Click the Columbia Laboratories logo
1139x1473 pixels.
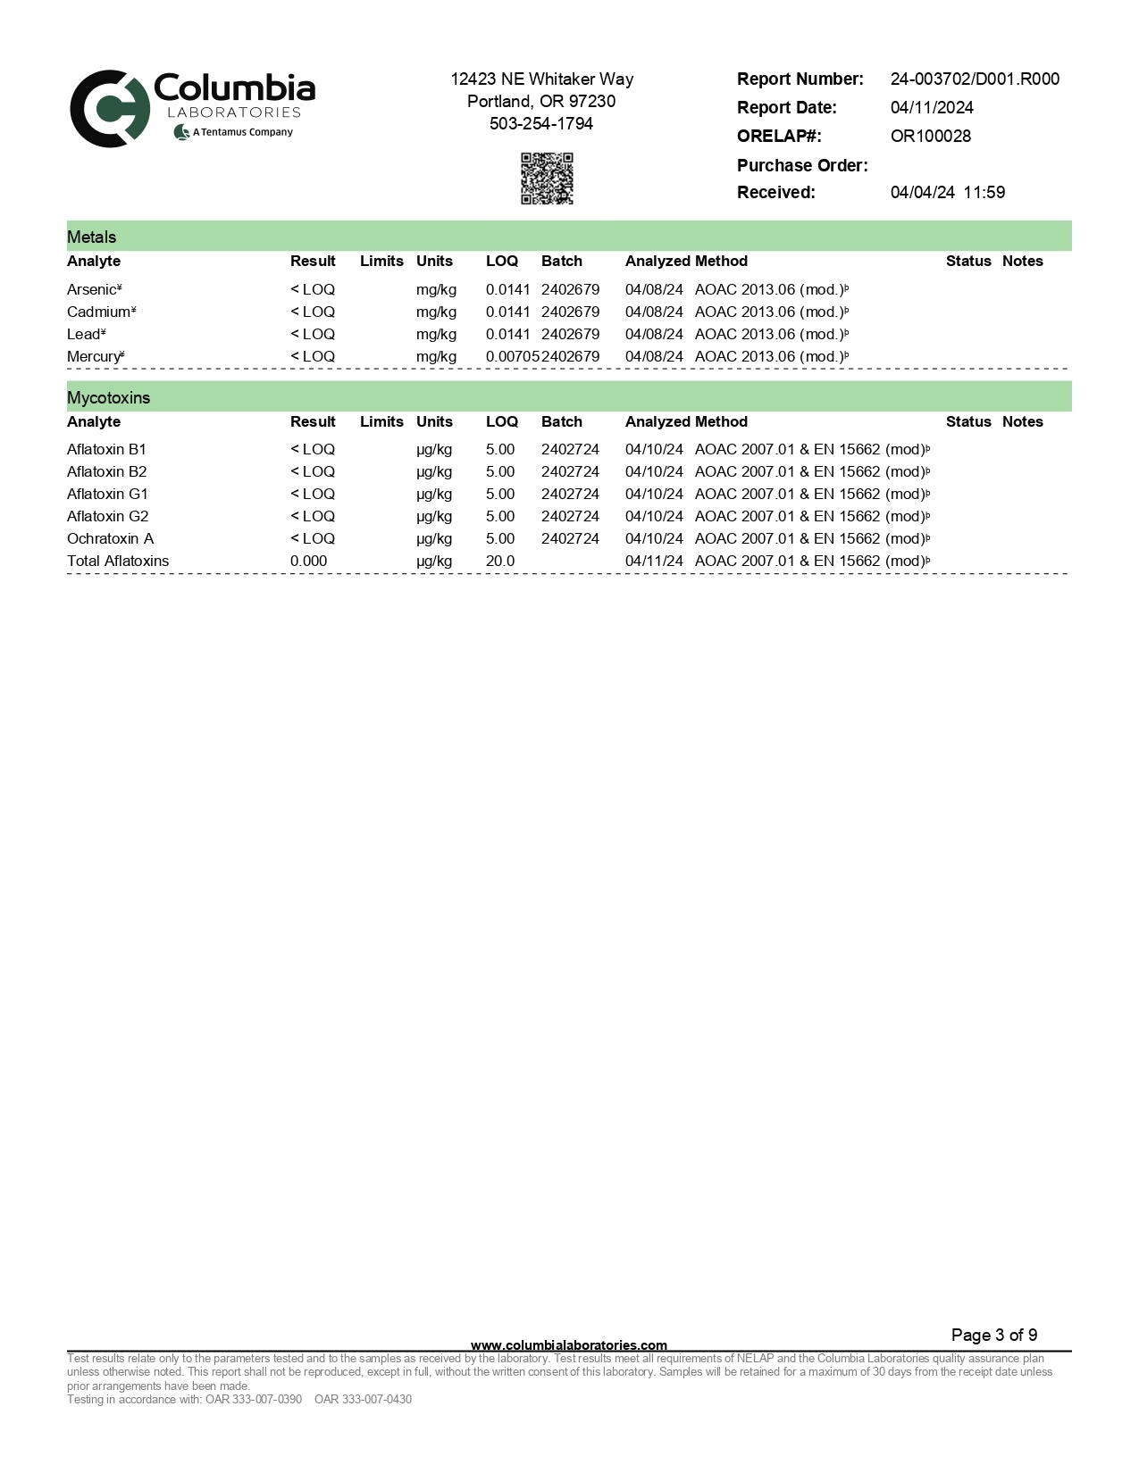(x=192, y=109)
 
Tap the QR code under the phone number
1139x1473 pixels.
(x=547, y=179)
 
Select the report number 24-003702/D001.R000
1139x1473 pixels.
(x=975, y=79)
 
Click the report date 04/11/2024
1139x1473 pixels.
(x=932, y=108)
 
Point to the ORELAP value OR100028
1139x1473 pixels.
(x=930, y=137)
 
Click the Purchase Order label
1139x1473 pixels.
(x=801, y=165)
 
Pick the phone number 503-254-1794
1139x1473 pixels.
(x=541, y=124)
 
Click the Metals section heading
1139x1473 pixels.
(x=92, y=237)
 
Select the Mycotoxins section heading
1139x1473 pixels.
(x=108, y=397)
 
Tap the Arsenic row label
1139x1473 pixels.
(x=93, y=289)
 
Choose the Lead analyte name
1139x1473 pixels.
(x=85, y=334)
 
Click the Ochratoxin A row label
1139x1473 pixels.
(x=110, y=538)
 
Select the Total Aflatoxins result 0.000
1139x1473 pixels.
(x=308, y=561)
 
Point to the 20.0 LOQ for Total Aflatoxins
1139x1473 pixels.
(x=500, y=561)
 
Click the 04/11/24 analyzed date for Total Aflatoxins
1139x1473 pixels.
(x=654, y=561)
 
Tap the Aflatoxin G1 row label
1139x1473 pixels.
(x=107, y=494)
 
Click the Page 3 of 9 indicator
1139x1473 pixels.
(x=993, y=1335)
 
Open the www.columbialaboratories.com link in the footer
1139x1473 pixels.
(x=568, y=1344)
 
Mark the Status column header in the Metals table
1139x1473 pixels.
(x=968, y=261)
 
